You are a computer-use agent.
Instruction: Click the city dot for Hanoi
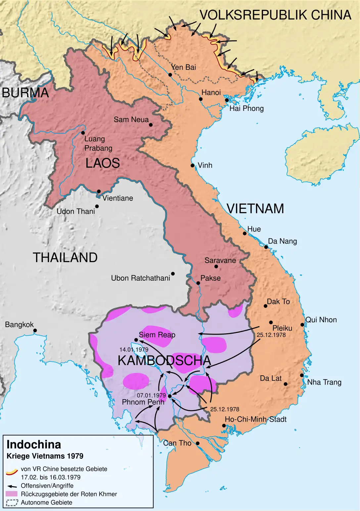201,99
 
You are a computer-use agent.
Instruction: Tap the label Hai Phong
247,109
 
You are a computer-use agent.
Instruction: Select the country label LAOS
103,163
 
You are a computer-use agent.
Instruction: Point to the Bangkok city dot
35,330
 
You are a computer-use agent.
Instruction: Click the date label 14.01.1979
134,349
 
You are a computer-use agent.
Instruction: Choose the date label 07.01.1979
151,395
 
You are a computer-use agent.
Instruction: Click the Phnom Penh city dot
170,396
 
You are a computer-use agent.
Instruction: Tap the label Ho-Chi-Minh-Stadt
255,419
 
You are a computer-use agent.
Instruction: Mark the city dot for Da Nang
266,247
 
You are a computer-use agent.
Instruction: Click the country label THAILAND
65,257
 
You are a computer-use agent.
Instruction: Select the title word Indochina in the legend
34,444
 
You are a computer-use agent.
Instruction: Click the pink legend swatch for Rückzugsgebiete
12,494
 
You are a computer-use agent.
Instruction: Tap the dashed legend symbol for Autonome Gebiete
12,502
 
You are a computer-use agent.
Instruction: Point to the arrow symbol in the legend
12,486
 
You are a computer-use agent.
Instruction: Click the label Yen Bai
183,67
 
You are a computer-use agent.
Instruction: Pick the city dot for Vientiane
99,191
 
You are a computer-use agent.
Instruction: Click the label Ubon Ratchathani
140,278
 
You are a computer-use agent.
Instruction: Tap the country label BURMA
25,93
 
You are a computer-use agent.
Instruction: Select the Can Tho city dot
198,443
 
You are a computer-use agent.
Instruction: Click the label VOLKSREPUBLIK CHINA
275,15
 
